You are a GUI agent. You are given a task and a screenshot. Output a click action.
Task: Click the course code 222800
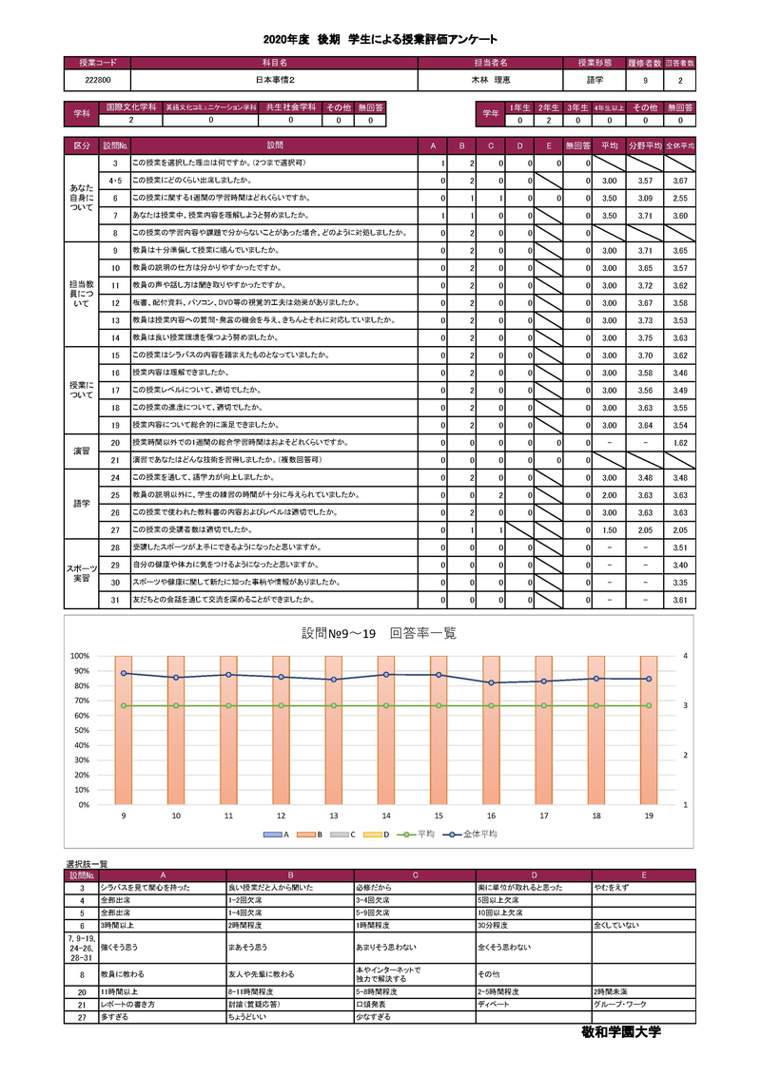point(96,81)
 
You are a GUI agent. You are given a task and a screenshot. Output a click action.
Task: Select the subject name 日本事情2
point(273,81)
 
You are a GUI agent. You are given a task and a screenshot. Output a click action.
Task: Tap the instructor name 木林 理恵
point(491,81)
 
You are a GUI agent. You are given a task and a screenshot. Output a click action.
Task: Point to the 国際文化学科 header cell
point(131,108)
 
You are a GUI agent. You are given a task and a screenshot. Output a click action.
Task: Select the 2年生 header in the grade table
point(547,108)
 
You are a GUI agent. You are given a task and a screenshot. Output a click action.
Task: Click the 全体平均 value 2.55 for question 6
point(679,198)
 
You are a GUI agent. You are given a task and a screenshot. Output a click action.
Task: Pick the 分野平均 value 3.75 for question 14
point(644,337)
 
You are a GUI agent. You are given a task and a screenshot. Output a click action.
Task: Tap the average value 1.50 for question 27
point(610,529)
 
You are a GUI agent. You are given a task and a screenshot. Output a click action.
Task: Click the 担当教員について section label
point(82,294)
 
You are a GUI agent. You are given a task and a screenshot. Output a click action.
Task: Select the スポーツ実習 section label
point(82,573)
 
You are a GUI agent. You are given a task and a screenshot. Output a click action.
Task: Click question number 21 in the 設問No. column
point(114,459)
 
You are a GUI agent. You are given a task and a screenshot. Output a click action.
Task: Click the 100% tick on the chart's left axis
point(79,656)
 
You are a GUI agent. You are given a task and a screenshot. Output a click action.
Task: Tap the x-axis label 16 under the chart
point(491,816)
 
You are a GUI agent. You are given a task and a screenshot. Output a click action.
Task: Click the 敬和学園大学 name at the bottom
point(620,1032)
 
